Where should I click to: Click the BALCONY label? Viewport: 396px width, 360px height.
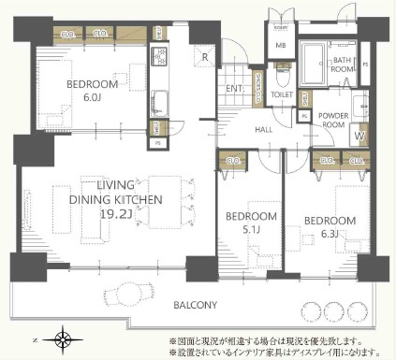point(194,306)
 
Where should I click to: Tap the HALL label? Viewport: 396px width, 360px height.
point(263,129)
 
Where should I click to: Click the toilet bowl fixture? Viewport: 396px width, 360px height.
point(282,69)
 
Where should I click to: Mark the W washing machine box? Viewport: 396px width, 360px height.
point(359,133)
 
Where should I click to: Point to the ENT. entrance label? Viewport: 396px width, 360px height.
point(234,89)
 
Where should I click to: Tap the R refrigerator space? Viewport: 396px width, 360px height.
point(205,57)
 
